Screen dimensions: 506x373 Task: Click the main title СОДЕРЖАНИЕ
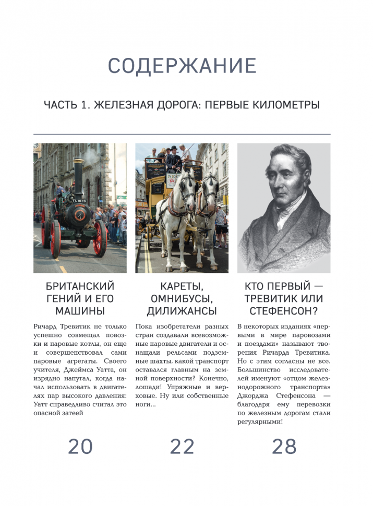click(x=182, y=66)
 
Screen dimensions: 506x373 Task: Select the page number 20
click(x=80, y=447)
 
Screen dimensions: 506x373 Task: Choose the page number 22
click(x=182, y=447)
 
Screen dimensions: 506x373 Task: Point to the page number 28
click(x=284, y=447)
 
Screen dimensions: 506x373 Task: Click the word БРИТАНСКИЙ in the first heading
click(x=80, y=286)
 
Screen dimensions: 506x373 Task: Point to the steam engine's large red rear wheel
click(x=100, y=237)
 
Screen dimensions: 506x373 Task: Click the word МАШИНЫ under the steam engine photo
click(x=80, y=311)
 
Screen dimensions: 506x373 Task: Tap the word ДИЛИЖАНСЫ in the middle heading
click(x=182, y=311)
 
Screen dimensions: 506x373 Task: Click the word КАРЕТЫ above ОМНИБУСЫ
click(x=182, y=286)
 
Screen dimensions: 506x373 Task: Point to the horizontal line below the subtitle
click(x=182, y=134)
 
